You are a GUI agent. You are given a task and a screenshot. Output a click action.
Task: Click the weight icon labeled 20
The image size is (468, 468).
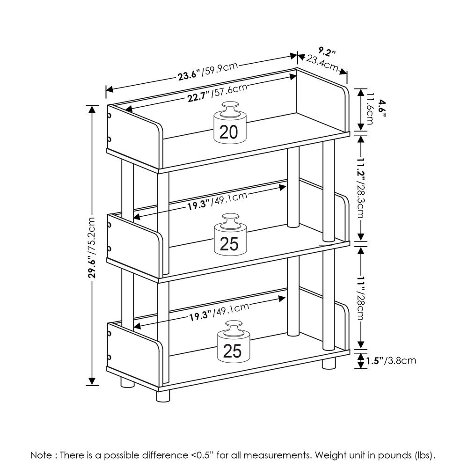coord(229,123)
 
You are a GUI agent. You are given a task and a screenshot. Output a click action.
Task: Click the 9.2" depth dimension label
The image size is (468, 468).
coord(327,50)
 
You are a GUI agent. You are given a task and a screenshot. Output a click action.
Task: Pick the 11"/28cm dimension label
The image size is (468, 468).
coord(361,296)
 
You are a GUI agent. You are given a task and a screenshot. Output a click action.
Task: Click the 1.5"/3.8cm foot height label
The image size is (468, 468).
coord(391,360)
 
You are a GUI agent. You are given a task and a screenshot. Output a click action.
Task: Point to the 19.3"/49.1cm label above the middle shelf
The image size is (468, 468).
coord(217,202)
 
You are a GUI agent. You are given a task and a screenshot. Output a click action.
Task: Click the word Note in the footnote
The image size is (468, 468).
coord(41,454)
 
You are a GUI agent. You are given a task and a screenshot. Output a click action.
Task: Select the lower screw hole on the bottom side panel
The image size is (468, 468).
coord(109,358)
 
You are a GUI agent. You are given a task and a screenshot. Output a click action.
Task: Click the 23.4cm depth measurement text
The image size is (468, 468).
coord(322,63)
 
